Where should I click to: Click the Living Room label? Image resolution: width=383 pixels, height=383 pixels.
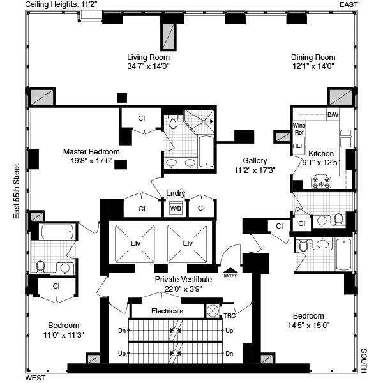tap(148, 57)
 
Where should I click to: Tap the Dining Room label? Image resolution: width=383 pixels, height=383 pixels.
tap(313, 57)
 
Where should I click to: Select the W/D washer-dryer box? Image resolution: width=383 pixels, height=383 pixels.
tap(176, 208)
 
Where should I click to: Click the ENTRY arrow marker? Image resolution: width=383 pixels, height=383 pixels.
tap(230, 272)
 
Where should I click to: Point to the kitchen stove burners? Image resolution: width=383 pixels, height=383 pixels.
tap(321, 182)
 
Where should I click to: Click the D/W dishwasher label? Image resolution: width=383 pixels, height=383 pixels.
tap(333, 114)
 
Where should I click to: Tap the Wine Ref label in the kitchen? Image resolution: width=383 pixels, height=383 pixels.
tap(299, 129)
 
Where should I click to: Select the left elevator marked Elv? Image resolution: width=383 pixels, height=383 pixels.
tap(135, 244)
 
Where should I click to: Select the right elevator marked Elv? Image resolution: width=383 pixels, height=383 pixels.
tap(187, 244)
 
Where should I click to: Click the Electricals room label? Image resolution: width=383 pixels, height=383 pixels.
tap(167, 311)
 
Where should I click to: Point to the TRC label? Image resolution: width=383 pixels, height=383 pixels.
tap(230, 315)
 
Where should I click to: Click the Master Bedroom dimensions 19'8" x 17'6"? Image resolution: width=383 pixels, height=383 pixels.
tap(91, 161)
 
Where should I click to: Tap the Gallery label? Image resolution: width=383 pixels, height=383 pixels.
tap(255, 161)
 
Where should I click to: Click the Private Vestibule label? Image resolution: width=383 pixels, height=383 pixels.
tap(183, 279)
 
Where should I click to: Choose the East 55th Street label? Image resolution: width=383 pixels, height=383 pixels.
tap(16, 191)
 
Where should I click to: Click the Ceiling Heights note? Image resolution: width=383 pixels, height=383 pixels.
tap(59, 4)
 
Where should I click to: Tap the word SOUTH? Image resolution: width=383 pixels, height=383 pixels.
tap(364, 361)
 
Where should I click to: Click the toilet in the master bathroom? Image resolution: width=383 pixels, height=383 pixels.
tap(174, 121)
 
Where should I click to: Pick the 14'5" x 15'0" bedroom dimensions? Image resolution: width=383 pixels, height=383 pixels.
tap(308, 326)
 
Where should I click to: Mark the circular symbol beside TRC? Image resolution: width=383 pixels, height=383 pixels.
tap(213, 312)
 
